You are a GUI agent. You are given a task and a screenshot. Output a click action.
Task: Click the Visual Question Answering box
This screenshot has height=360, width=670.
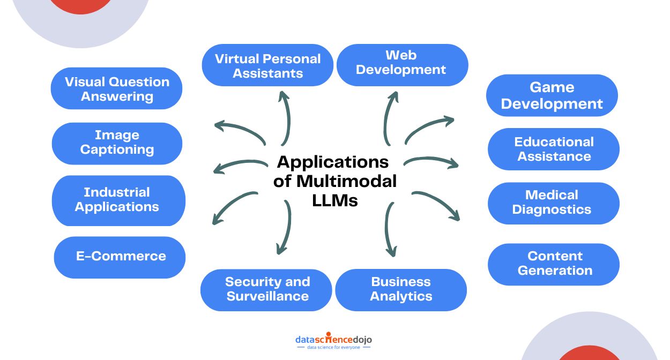click(116, 89)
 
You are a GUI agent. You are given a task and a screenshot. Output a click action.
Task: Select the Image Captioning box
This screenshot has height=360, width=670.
click(117, 143)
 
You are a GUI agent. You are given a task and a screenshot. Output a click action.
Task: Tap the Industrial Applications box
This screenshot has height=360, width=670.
click(118, 200)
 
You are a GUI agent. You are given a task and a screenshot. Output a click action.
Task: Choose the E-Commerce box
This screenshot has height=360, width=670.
click(120, 257)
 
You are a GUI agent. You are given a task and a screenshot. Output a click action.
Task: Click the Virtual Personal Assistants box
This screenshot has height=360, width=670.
click(267, 66)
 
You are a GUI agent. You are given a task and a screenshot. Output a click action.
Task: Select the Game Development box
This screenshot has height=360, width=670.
click(552, 95)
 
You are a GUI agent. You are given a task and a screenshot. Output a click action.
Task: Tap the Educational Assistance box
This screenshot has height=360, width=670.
click(553, 149)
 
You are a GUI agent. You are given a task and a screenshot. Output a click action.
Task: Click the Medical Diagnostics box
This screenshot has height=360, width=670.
click(553, 203)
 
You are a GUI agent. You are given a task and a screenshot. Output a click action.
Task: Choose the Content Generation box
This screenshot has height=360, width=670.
click(553, 264)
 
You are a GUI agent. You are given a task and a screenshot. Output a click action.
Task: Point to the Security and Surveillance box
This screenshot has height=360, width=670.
click(266, 289)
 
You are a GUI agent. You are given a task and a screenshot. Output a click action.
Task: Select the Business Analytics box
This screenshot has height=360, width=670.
click(401, 289)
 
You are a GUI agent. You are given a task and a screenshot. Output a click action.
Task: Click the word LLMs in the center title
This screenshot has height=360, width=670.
click(334, 201)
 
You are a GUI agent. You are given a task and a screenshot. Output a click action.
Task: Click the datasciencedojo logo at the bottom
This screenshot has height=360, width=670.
click(333, 340)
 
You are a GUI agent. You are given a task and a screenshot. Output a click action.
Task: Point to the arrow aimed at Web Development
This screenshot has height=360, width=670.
click(389, 118)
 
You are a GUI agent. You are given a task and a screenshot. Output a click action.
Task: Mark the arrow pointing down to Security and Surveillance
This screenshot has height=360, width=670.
click(286, 228)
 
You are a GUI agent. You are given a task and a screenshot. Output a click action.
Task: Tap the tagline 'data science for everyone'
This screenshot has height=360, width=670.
click(333, 348)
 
